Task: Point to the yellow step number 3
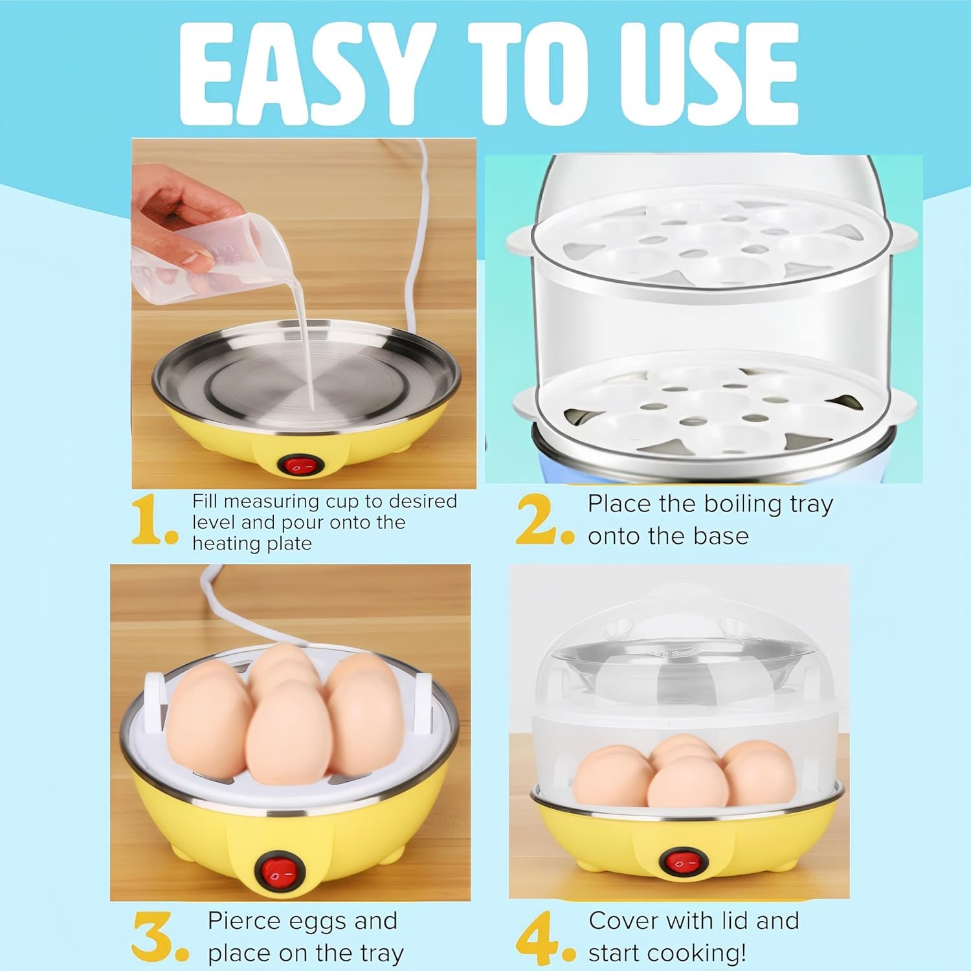154,937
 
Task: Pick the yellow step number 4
541,937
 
